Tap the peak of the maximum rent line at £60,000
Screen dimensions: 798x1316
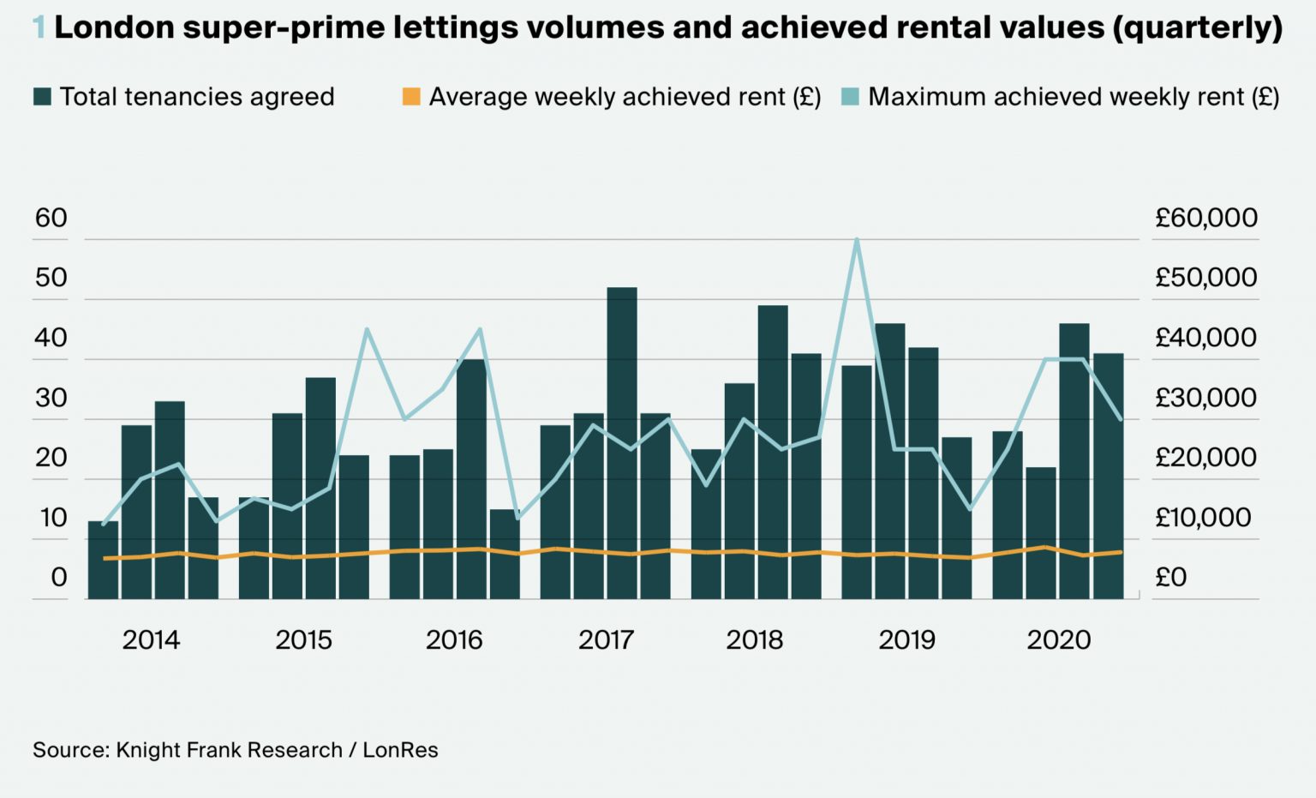pyautogui.click(x=857, y=240)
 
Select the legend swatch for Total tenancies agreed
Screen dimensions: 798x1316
pyautogui.click(x=42, y=97)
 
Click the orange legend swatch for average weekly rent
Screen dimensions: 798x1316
pyautogui.click(x=411, y=97)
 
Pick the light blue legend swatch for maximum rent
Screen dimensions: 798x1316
pyautogui.click(x=850, y=97)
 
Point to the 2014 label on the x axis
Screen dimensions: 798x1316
pyautogui.click(x=151, y=640)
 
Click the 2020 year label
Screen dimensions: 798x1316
pyautogui.click(x=1059, y=640)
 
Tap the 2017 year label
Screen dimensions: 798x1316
pyautogui.click(x=606, y=640)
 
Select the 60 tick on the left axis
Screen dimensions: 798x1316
pyautogui.click(x=51, y=219)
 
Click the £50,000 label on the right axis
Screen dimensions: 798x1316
pyautogui.click(x=1205, y=278)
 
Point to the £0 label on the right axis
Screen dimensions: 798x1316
pyautogui.click(x=1171, y=578)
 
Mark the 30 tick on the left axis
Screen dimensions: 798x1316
pyautogui.click(x=51, y=399)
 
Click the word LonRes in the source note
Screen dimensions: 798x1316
pyautogui.click(x=400, y=751)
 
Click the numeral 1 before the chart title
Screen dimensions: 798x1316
pyautogui.click(x=39, y=28)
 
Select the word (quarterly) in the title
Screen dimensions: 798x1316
pyautogui.click(x=1198, y=28)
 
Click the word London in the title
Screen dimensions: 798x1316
pyautogui.click(x=114, y=28)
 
